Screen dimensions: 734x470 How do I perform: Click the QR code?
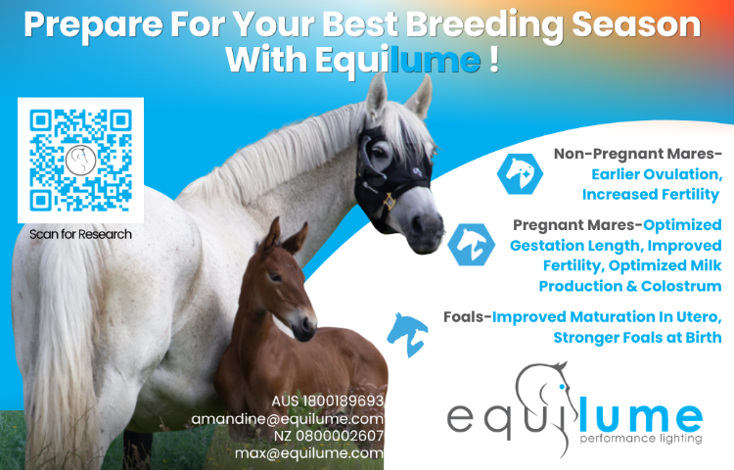pos(80,161)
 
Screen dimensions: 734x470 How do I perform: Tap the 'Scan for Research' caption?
pos(80,234)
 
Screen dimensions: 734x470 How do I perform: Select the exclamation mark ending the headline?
pos(494,59)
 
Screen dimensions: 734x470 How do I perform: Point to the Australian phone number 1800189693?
pos(344,401)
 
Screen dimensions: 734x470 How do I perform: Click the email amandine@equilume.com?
pos(288,419)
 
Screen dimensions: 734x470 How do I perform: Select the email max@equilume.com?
pos(309,453)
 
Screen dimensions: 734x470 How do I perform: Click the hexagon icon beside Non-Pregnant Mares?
pos(520,173)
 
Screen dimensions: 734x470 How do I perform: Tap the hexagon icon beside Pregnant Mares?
pos(471,245)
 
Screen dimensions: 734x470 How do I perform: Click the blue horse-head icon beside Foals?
pos(407,334)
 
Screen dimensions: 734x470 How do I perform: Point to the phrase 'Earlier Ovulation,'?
pos(657,174)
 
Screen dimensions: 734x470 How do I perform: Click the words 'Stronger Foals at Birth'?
pos(637,337)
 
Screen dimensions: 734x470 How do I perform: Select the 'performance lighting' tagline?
pos(641,439)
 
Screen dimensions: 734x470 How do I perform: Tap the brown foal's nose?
pos(304,325)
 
